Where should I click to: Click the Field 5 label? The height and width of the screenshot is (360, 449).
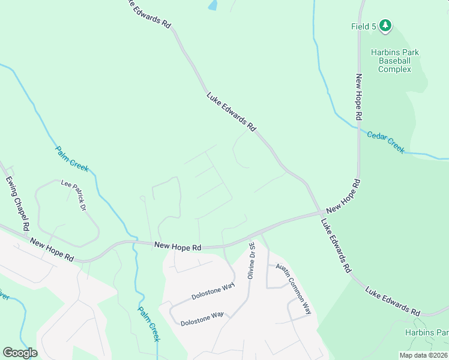coord(364,26)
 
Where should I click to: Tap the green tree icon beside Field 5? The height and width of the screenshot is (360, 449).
coord(385,25)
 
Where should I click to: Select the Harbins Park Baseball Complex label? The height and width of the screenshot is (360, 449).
coord(394,61)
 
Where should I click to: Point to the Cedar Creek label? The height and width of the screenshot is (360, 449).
coord(385,142)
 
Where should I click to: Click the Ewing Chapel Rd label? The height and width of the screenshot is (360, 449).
coord(17,203)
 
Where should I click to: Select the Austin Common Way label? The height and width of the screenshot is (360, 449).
coord(294,288)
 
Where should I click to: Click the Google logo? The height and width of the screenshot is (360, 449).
coord(20,352)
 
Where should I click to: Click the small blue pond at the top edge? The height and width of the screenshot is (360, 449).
coord(212,5)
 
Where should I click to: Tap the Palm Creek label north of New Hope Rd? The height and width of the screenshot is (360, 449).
coord(72,158)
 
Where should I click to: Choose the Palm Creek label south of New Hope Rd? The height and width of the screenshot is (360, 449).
coord(148,324)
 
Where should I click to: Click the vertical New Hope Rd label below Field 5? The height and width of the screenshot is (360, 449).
coord(358,97)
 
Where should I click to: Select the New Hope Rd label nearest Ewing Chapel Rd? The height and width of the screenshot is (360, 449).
coord(51,248)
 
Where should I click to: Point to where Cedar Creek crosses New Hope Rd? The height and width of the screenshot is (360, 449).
coord(358,127)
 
